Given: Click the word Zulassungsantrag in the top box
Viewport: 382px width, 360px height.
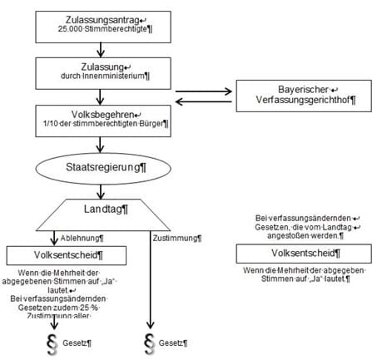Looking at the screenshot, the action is tap(102, 20).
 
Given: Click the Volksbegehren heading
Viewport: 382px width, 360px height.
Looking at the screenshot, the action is tap(102, 115).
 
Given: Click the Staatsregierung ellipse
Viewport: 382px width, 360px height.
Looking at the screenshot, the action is tap(103, 169).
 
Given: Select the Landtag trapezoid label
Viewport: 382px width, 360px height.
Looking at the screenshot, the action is tap(102, 210).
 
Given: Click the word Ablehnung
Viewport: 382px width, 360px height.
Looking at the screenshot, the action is tap(80, 238).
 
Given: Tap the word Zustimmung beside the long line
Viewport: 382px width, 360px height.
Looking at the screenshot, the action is tap(175, 238).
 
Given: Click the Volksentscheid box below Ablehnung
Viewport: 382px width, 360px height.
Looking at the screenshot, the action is tap(67, 255).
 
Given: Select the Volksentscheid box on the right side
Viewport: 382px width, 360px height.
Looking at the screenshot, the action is tap(304, 254).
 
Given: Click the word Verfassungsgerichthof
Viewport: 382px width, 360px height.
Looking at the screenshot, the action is tap(303, 100).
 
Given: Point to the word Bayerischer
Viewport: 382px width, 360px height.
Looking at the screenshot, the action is tap(303, 90).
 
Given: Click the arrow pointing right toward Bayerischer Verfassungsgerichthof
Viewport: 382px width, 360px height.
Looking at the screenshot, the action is tap(204, 91).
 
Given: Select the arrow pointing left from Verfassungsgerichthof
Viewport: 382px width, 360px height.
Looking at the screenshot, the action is tap(204, 101).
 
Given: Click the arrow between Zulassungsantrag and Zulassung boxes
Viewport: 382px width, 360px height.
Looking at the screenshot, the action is tap(101, 50).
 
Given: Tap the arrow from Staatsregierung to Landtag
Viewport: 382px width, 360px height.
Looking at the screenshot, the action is tap(101, 191).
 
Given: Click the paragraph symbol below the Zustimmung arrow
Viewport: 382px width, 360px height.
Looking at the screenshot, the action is tap(149, 344).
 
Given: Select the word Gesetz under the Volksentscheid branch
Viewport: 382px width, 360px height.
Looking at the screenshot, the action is tap(75, 343).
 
